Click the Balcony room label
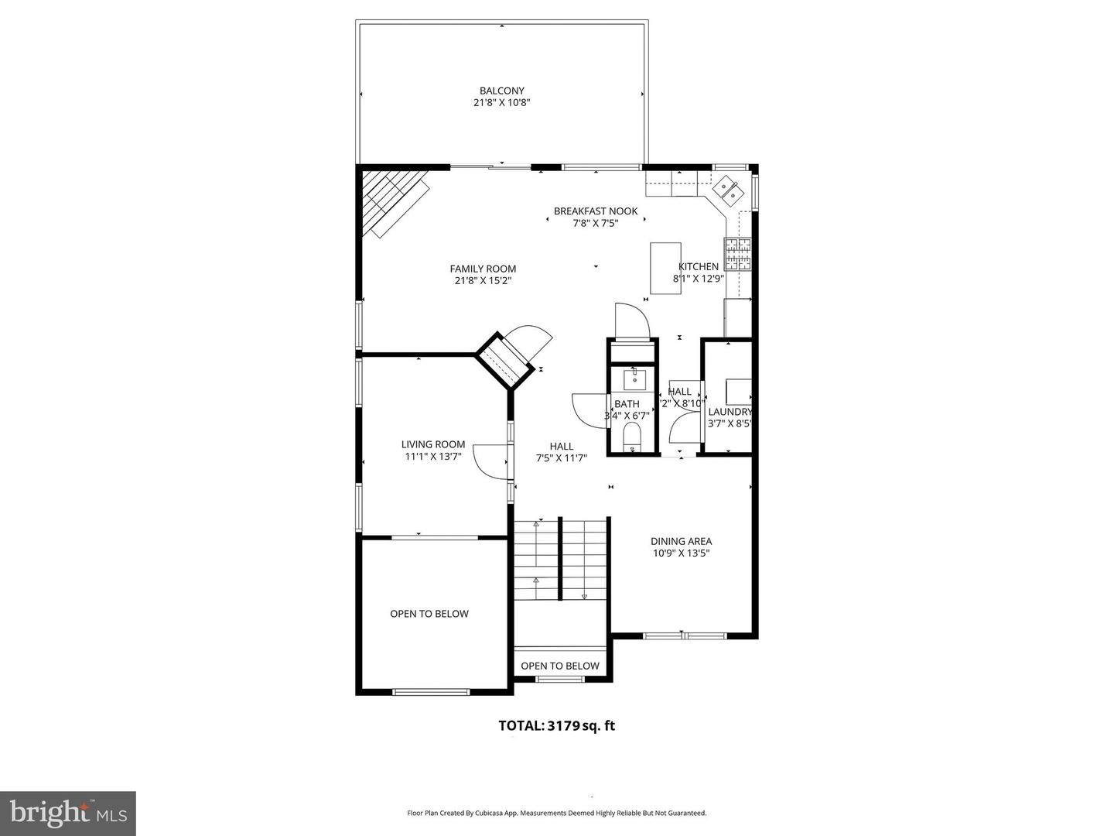[501, 91]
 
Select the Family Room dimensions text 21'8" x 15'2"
[483, 281]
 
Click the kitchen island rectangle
[665, 268]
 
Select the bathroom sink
[634, 378]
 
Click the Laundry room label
[730, 412]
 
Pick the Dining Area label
[681, 541]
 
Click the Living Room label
[433, 444]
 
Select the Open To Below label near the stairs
[560, 666]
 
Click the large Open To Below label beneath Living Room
[429, 614]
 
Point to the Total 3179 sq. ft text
[557, 726]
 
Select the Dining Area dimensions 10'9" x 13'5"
[681, 553]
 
